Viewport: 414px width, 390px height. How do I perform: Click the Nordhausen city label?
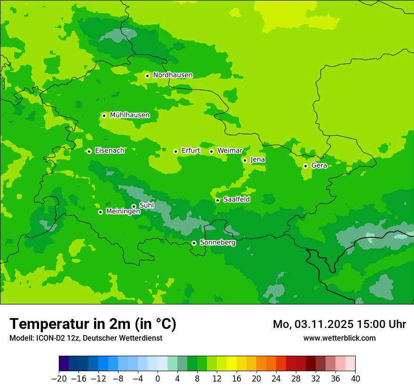coord(173,75)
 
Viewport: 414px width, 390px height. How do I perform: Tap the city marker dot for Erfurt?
coord(175,151)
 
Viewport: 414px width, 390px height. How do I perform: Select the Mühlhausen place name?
coord(129,115)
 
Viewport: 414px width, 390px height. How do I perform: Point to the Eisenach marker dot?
coord(89,151)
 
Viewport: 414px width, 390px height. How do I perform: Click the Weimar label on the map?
coord(230,151)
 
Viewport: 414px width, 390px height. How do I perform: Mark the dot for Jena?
coord(245,160)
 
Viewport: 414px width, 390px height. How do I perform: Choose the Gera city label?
coord(319,165)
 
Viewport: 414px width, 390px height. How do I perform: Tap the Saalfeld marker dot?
coord(217,200)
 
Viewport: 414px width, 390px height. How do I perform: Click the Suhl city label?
coord(146,205)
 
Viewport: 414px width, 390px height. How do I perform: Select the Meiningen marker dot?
coord(100,212)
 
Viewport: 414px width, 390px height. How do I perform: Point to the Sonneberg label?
coord(217,242)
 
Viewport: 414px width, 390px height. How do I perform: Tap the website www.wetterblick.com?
coord(339,338)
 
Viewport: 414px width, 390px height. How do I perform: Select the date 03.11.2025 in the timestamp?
coord(325,324)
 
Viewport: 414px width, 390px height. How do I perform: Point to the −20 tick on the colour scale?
coord(59,379)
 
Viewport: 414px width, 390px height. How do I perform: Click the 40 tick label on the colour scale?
coord(355,379)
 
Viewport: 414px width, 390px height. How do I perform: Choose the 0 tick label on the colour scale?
coord(158,379)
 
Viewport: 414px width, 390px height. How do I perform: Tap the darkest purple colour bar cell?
coord(64,364)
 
